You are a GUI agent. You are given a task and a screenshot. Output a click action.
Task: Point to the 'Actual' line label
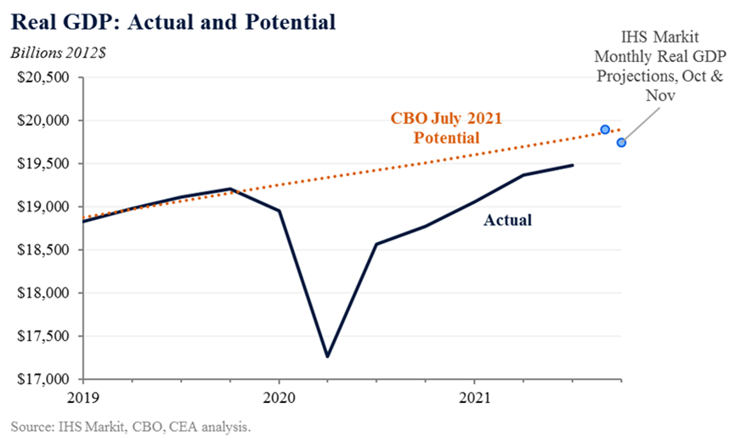coord(507,221)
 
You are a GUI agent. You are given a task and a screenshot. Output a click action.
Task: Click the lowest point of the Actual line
coord(327,356)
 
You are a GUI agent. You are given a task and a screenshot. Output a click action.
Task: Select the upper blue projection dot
coord(605,130)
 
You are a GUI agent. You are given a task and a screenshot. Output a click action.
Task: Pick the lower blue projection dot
coord(621,142)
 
